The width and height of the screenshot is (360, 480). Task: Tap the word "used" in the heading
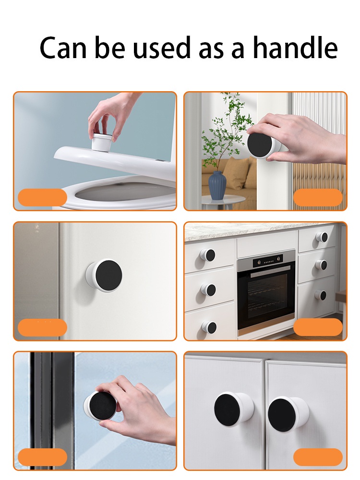pyautogui.click(x=162, y=48)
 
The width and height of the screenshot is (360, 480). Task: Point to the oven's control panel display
pyautogui.click(x=268, y=262)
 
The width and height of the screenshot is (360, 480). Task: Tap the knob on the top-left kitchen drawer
pyautogui.click(x=207, y=255)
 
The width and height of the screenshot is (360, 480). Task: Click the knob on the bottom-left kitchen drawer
pyautogui.click(x=209, y=327)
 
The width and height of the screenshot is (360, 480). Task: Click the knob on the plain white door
pyautogui.click(x=104, y=274)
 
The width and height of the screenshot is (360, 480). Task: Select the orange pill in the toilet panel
pyautogui.click(x=43, y=197)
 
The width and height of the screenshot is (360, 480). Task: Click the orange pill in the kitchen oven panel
pyautogui.click(x=318, y=327)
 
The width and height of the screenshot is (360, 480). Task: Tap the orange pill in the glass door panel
pyautogui.click(x=43, y=457)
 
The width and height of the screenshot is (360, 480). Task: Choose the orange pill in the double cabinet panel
pyautogui.click(x=318, y=457)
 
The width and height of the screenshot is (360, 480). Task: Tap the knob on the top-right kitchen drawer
pyautogui.click(x=322, y=237)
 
